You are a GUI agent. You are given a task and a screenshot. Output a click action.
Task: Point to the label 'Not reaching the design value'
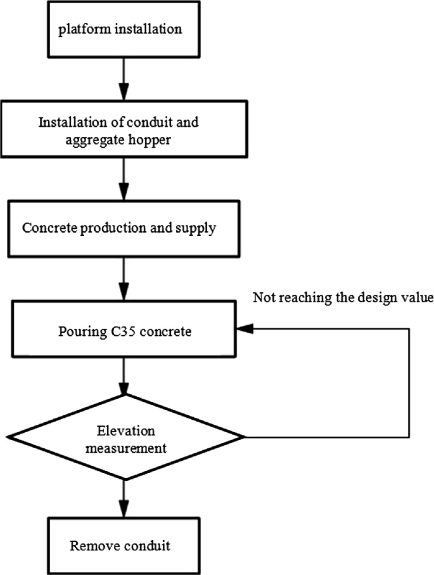(343, 297)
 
